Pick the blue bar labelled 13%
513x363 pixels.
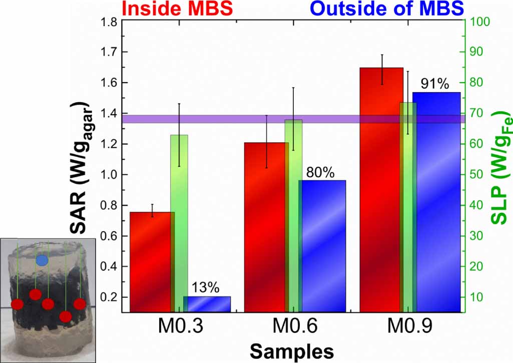pyautogui.click(x=207, y=304)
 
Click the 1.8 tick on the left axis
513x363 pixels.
pyautogui.click(x=109, y=22)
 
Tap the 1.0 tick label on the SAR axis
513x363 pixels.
pyautogui.click(x=109, y=175)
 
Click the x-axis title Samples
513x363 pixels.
pyautogui.click(x=292, y=351)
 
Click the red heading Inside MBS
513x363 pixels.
pyautogui.click(x=179, y=8)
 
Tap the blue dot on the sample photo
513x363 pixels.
pyautogui.click(x=42, y=260)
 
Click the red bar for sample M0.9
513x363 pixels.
pyautogui.click(x=382, y=190)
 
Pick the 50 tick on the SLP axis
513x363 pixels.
pyautogui.click(x=478, y=175)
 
